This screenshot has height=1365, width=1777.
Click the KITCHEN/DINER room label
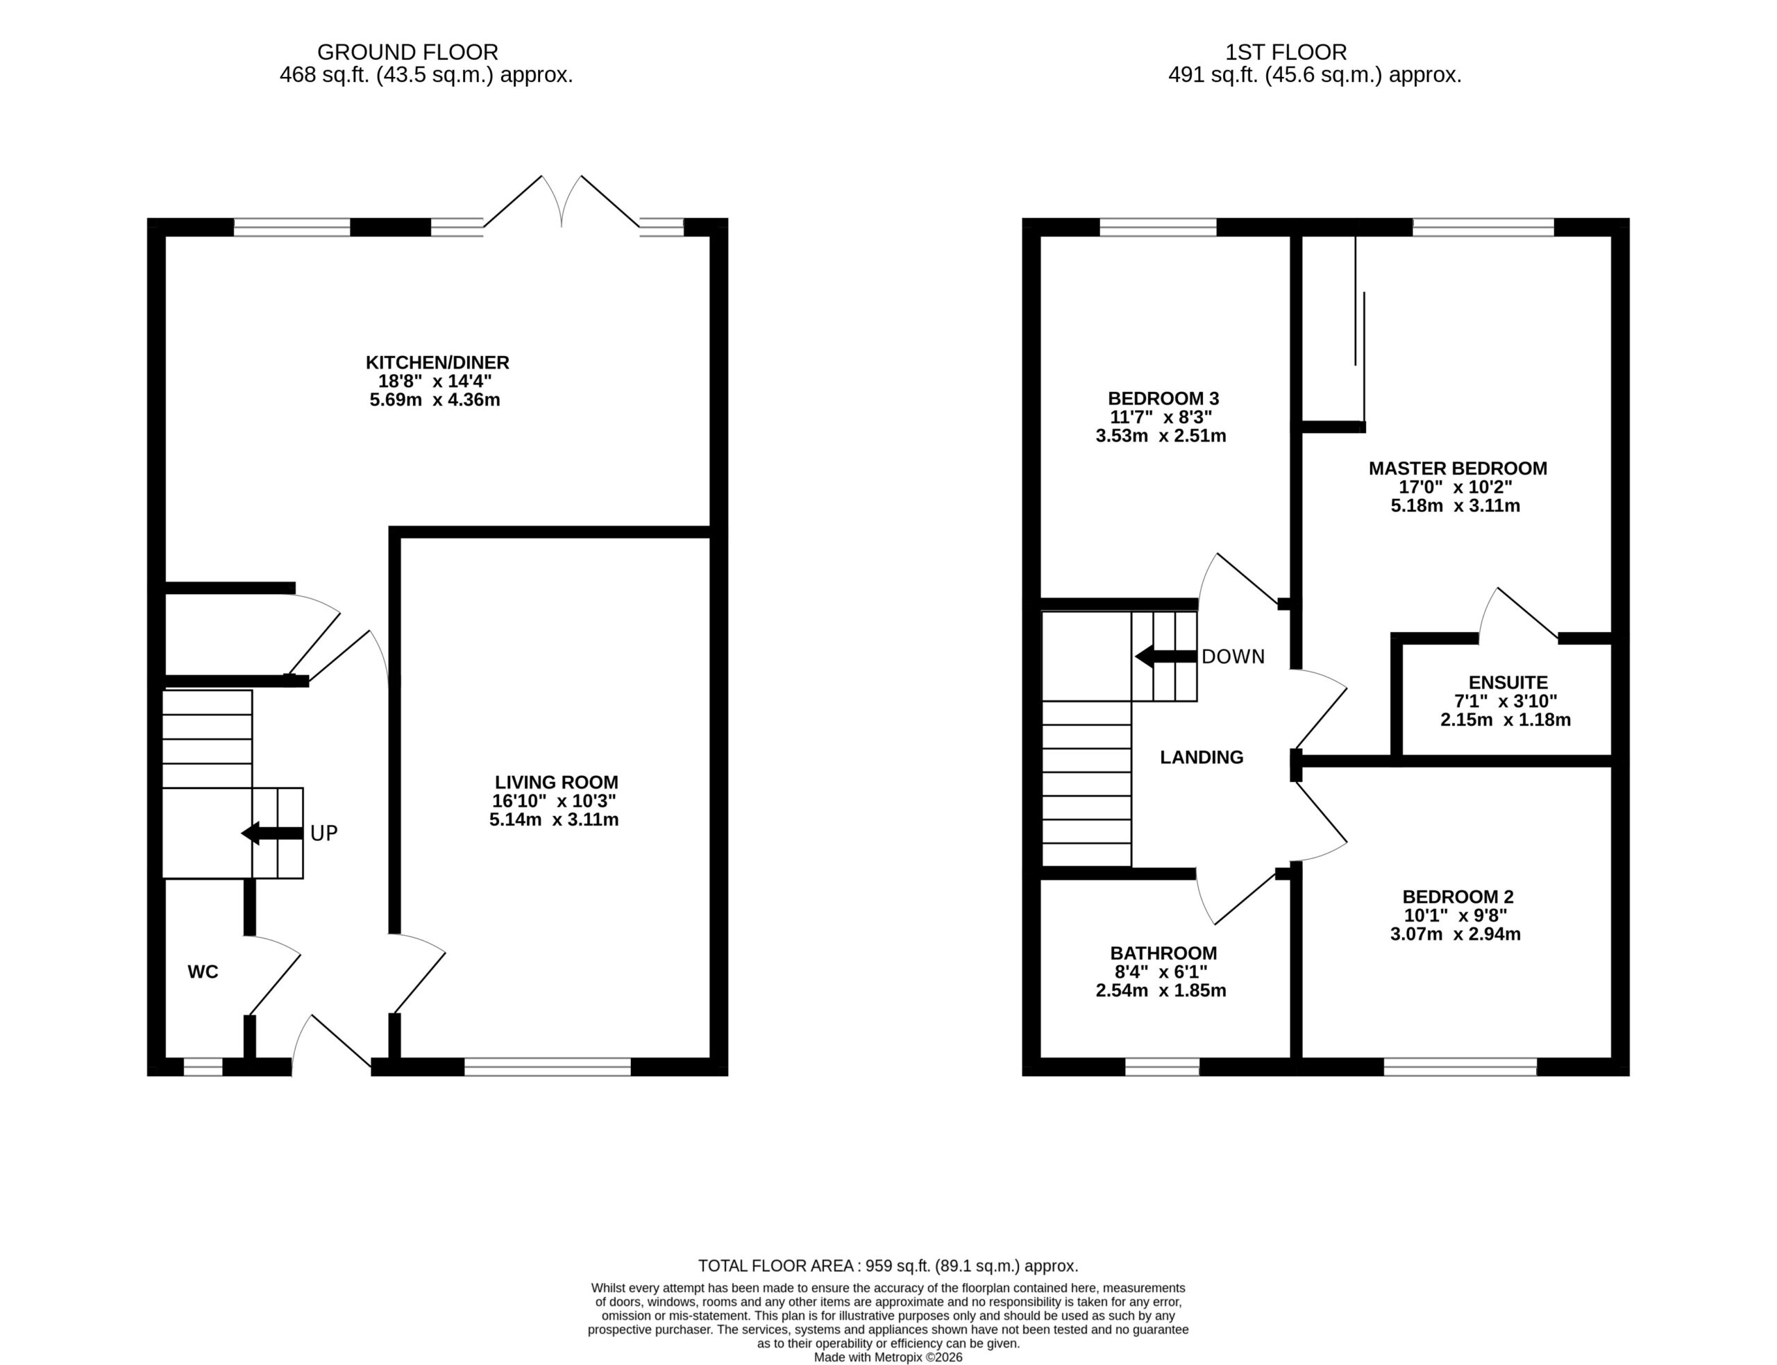(x=437, y=362)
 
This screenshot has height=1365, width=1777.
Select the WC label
(x=203, y=972)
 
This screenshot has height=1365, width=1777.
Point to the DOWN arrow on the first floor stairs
(x=1166, y=656)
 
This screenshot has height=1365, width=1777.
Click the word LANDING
(x=1202, y=757)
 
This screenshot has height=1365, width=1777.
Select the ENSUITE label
(x=1508, y=683)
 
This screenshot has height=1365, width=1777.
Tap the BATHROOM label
(x=1163, y=953)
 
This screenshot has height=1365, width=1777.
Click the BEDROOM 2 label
(x=1458, y=897)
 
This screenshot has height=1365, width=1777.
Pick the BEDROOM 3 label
(x=1163, y=398)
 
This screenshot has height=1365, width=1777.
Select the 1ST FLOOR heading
(x=1286, y=52)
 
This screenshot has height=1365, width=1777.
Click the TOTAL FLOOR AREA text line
(x=888, y=1266)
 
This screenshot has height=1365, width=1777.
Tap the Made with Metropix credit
(x=888, y=1357)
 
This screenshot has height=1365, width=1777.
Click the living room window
(x=548, y=1067)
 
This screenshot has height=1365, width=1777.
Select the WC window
(x=203, y=1067)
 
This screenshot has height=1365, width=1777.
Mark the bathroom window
(x=1162, y=1067)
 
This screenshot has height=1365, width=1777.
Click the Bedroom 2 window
(x=1460, y=1067)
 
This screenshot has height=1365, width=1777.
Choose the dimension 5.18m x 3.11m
(x=1455, y=505)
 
